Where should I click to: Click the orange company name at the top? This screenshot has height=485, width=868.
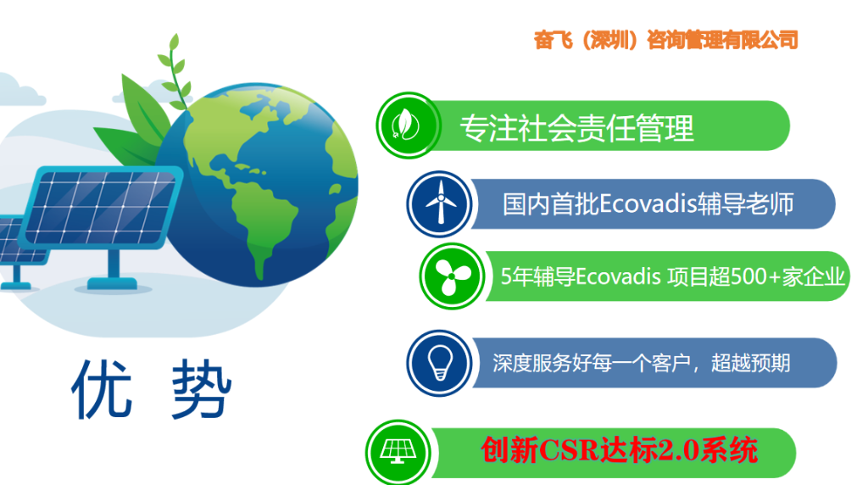pyautogui.click(x=665, y=40)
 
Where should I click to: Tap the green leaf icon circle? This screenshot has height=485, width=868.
pyautogui.click(x=408, y=125)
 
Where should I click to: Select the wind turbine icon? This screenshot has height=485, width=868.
pyautogui.click(x=440, y=203)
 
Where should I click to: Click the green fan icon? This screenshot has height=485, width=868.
pyautogui.click(x=453, y=276)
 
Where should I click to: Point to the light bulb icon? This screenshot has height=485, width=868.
pyautogui.click(x=440, y=363)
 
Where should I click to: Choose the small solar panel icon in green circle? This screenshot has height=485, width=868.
pyautogui.click(x=398, y=452)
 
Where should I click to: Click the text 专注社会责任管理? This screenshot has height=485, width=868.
pyautogui.click(x=576, y=128)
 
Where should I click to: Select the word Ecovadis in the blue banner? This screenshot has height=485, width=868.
pyautogui.click(x=648, y=203)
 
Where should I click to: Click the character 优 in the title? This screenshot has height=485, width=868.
pyautogui.click(x=103, y=388)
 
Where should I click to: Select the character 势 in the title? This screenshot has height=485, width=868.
pyautogui.click(x=201, y=388)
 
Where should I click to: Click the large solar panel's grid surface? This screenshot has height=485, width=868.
pyautogui.click(x=101, y=207)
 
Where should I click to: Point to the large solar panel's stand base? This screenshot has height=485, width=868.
pyautogui.click(x=113, y=284)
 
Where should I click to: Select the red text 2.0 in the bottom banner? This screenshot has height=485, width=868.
pyautogui.click(x=672, y=449)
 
